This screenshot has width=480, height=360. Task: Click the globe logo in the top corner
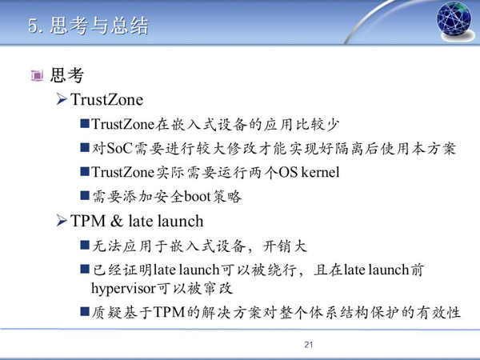[x=454, y=20]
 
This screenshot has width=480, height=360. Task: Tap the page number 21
[x=309, y=345]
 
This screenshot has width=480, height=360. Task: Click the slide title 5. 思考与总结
[x=88, y=25]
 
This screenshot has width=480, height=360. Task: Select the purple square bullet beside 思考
[x=37, y=75]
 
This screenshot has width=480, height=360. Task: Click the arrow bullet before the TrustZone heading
[x=62, y=99]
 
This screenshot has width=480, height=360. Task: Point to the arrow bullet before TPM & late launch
[x=62, y=221]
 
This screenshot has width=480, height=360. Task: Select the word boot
[x=198, y=196]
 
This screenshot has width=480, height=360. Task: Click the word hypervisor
[x=124, y=289]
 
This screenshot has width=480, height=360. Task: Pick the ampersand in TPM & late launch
[x=117, y=221]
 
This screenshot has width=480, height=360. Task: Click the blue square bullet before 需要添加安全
[x=85, y=195]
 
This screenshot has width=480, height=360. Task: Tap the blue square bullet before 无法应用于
[x=85, y=245]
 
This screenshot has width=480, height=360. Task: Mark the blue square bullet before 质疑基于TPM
[x=85, y=312]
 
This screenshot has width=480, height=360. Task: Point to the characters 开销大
[x=285, y=246]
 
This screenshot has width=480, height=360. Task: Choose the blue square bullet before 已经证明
[x=85, y=269]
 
